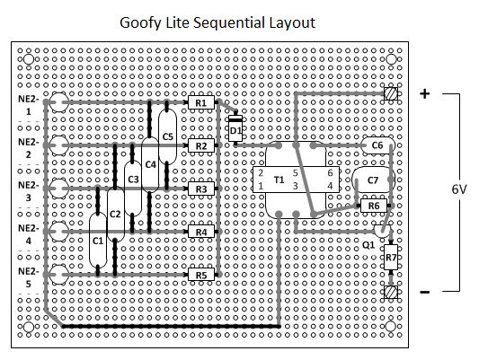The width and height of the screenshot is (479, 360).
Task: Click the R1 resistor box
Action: (x=201, y=102)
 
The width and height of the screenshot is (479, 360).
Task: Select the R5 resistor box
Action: (x=201, y=275)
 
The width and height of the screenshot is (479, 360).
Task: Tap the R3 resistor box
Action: (x=201, y=189)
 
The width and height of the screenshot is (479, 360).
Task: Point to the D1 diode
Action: (x=235, y=128)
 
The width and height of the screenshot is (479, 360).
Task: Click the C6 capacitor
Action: (x=377, y=145)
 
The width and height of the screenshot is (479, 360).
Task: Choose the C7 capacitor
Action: (x=373, y=180)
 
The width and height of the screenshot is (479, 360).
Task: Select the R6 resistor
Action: (x=374, y=206)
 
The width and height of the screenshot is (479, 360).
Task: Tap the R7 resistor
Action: (x=391, y=257)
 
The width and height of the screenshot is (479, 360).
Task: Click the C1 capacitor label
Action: (x=98, y=241)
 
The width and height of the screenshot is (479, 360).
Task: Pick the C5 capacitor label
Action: (x=167, y=136)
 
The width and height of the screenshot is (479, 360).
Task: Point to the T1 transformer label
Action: (x=279, y=180)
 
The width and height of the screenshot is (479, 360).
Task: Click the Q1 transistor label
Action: (x=368, y=245)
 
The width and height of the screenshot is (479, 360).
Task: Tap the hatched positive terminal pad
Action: (x=391, y=93)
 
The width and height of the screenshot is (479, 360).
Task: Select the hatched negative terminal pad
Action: (x=391, y=292)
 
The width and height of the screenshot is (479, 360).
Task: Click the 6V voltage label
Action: (x=459, y=189)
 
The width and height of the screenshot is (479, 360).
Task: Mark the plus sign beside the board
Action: (x=424, y=93)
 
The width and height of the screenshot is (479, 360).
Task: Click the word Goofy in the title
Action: (x=140, y=23)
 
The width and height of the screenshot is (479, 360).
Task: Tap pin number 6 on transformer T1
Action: (x=330, y=173)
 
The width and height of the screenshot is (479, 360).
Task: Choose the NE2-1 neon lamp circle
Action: (x=58, y=102)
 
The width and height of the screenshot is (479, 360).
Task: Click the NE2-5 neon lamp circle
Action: (x=58, y=275)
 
